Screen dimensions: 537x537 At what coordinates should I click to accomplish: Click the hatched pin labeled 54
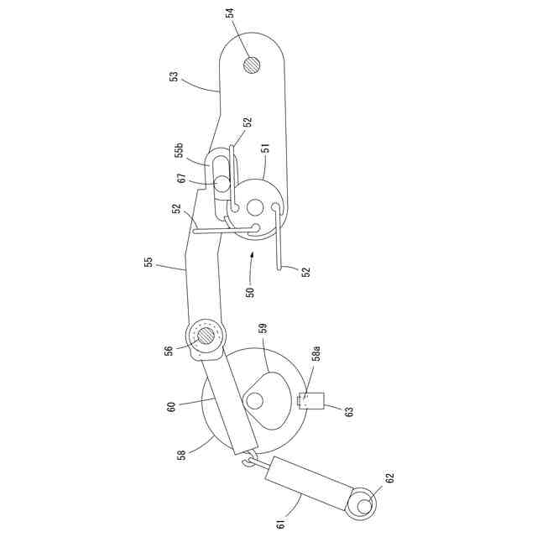(x=252, y=65)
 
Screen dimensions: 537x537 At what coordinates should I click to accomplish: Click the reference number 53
(x=174, y=77)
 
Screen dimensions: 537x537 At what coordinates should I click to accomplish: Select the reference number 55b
(x=179, y=152)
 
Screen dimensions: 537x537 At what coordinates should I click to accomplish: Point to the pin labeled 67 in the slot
(x=221, y=182)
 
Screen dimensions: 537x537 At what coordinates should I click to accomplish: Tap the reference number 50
(x=249, y=292)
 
